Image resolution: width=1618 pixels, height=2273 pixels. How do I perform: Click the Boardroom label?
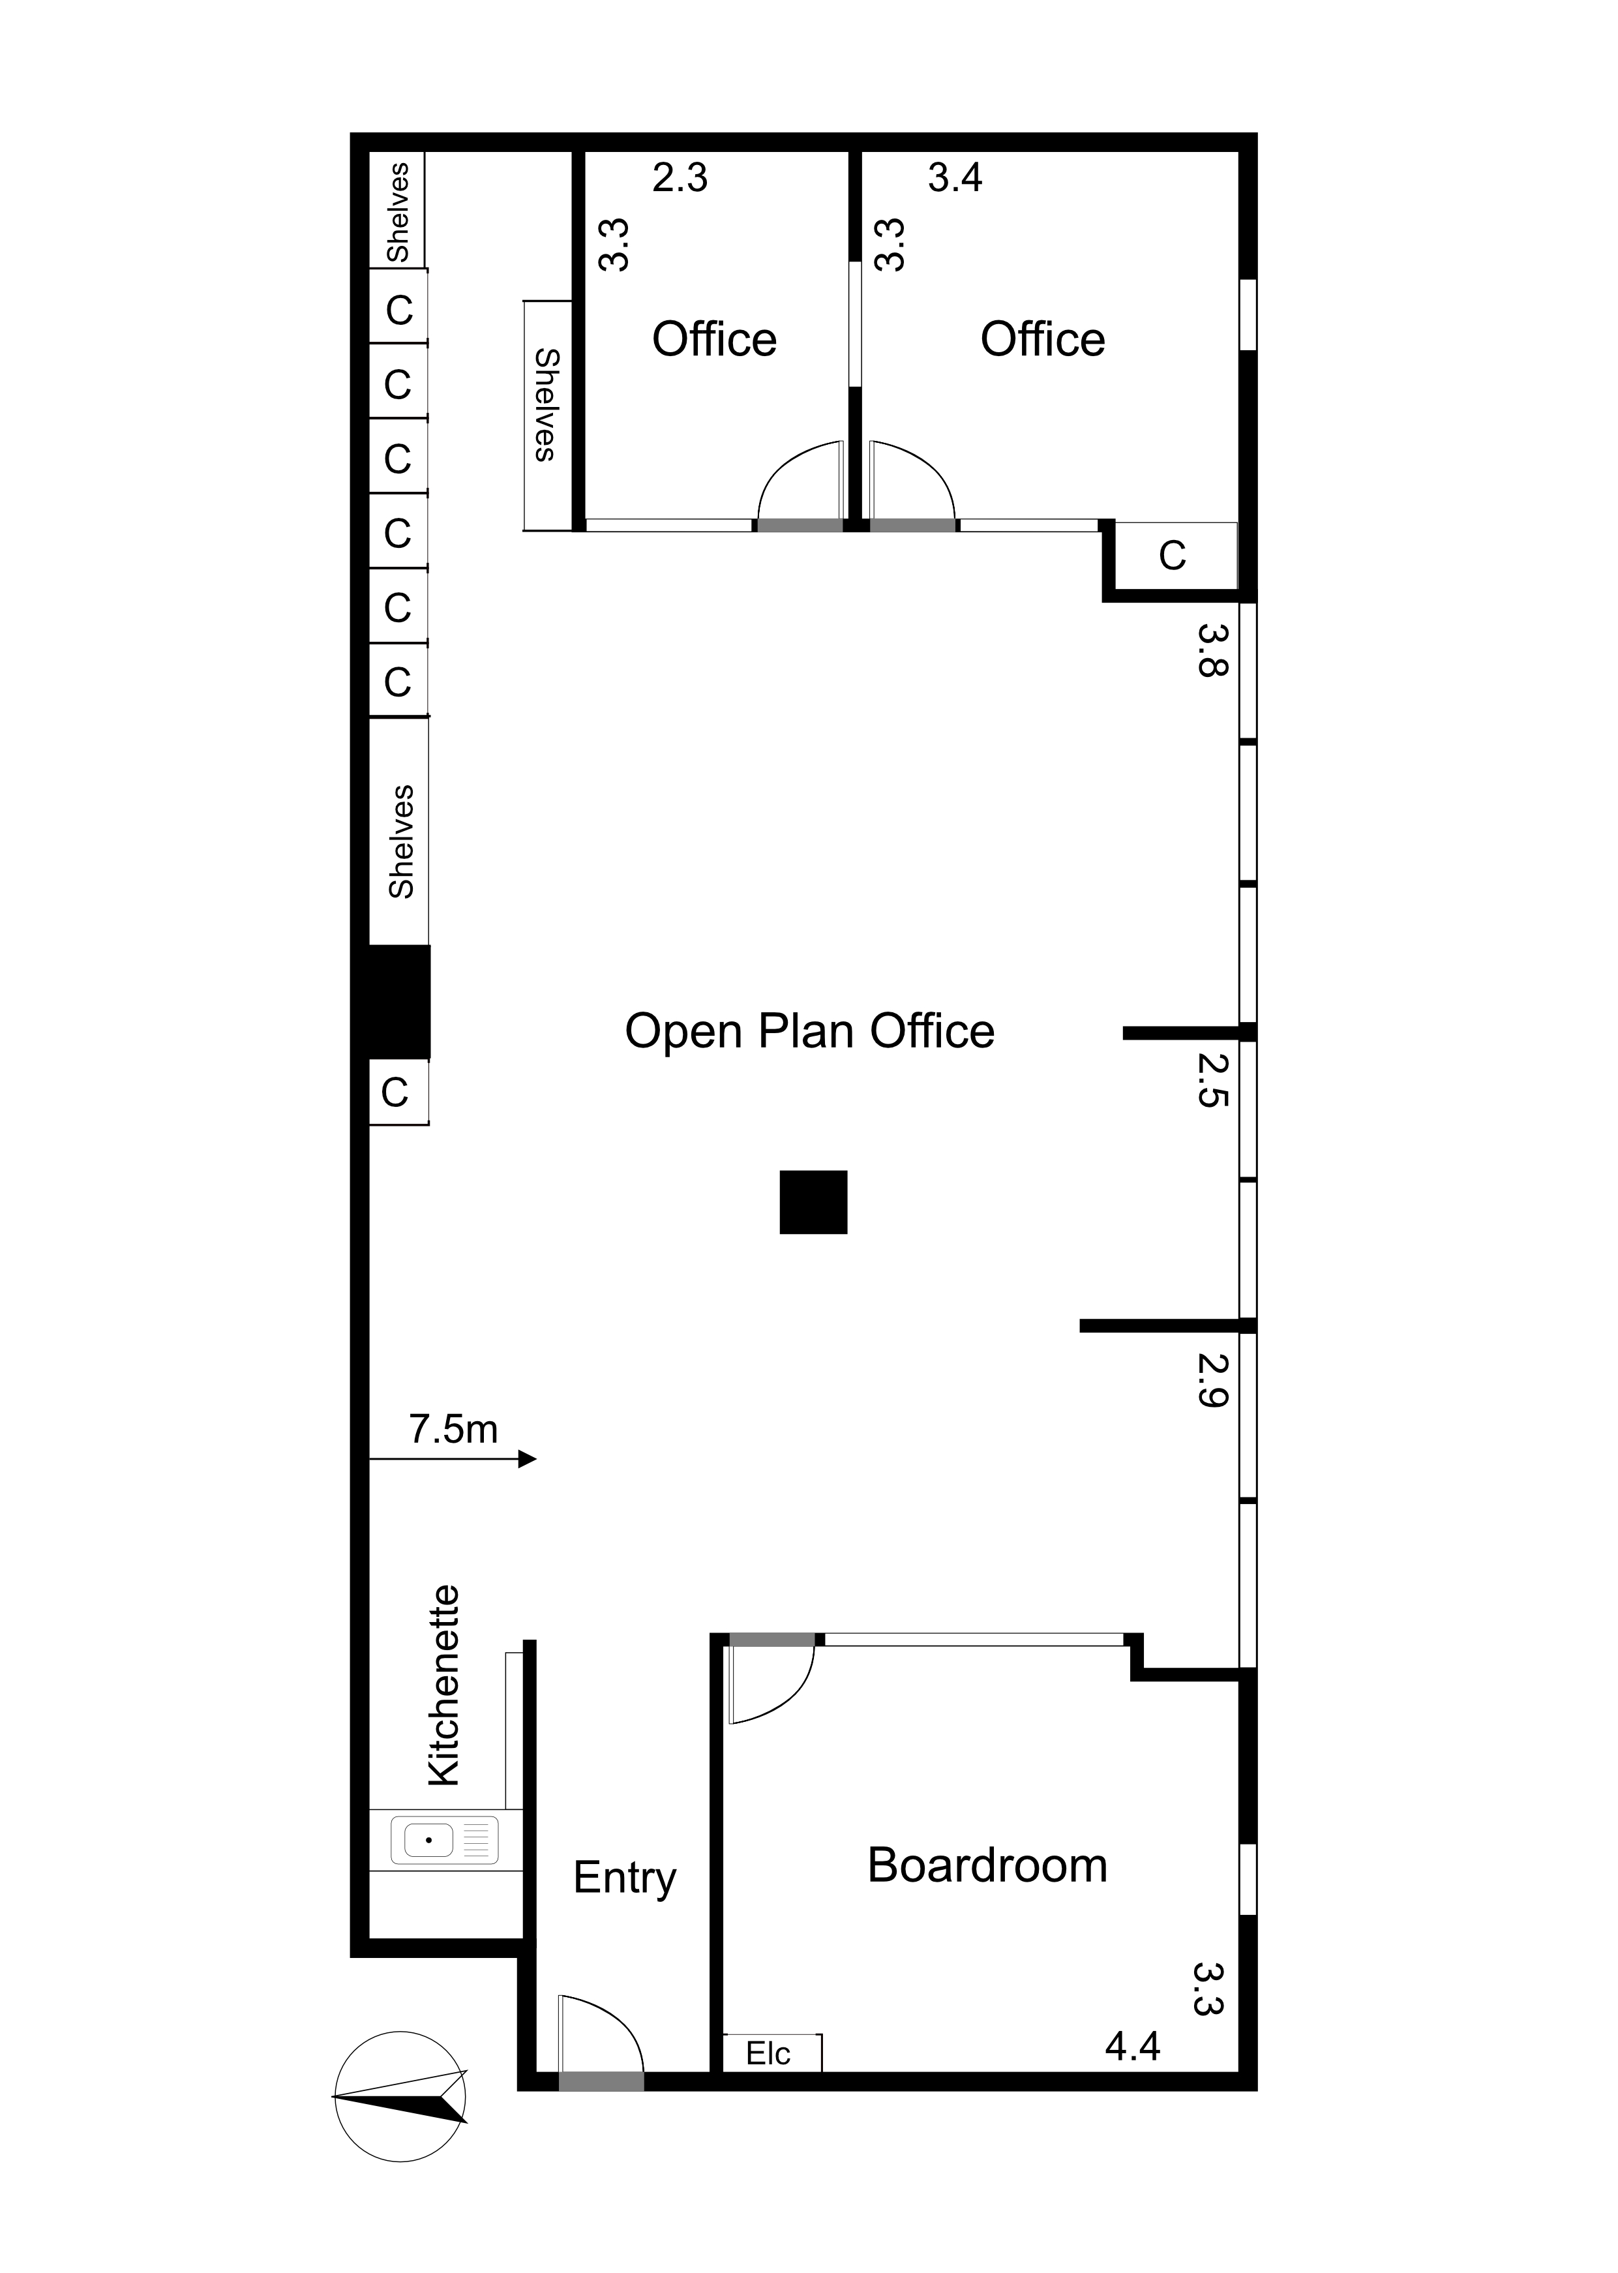click(x=987, y=1867)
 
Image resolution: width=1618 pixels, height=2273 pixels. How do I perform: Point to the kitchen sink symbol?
click(x=444, y=1841)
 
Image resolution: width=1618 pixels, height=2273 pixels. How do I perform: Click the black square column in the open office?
click(x=813, y=1203)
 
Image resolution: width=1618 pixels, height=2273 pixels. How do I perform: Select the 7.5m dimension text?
click(x=453, y=1430)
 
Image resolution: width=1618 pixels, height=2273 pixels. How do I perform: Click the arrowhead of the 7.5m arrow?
click(x=528, y=1460)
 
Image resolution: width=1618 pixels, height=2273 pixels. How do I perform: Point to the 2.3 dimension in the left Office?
click(x=680, y=178)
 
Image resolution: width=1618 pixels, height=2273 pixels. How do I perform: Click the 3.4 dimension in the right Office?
click(x=955, y=178)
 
